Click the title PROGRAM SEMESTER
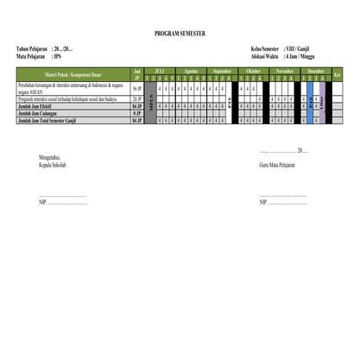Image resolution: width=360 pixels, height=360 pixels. [180, 33]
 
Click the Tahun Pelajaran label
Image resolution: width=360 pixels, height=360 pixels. [32, 49]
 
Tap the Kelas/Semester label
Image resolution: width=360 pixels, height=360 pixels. [267, 49]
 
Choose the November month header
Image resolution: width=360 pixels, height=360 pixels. [286, 70]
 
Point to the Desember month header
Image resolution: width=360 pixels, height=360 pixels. [316, 70]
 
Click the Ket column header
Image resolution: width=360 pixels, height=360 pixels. [337, 74]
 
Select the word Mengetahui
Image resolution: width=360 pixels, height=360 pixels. [50, 156]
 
